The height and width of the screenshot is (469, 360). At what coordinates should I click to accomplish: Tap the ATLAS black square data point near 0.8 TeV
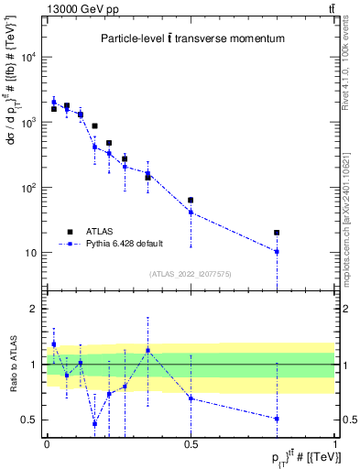[277, 233]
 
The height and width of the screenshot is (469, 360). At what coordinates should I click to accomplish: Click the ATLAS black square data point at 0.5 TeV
[191, 200]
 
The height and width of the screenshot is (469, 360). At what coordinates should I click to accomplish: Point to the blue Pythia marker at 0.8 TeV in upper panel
[277, 251]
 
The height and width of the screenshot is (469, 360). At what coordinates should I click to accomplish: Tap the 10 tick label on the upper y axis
[32, 253]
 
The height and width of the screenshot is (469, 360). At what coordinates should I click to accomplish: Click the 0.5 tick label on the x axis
[191, 444]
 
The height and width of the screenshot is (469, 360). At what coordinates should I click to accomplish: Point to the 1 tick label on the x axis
[334, 444]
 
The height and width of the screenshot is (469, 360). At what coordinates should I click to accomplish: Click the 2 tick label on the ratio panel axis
[36, 309]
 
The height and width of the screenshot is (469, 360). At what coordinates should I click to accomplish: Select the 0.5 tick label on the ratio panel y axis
[31, 420]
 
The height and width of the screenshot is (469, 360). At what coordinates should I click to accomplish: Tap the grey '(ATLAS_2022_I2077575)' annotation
[191, 274]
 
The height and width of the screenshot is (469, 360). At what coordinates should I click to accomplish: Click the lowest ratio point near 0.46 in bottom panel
[94, 423]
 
